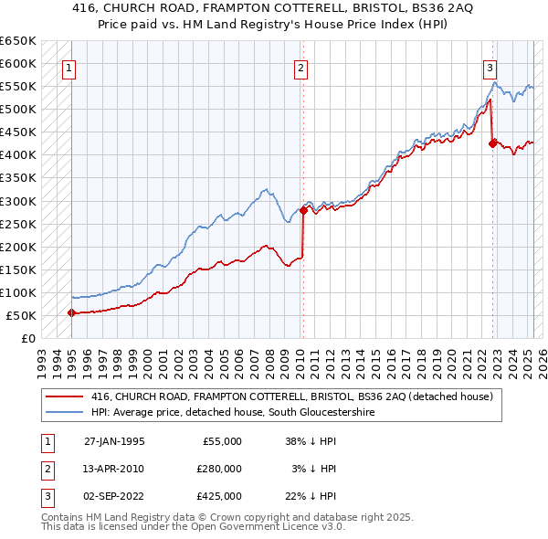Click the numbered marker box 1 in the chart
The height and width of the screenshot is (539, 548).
point(70,67)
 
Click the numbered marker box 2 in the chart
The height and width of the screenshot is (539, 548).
point(301,67)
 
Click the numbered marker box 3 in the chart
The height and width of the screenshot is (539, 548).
point(490,67)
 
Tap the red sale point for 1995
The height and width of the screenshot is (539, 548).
point(71,312)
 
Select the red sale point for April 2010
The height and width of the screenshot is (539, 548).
point(303,209)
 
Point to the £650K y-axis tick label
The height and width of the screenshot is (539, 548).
point(17,41)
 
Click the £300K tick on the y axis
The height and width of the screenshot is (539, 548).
point(17,201)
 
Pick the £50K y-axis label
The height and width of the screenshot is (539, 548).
point(21,315)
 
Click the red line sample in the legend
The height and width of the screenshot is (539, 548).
point(65,396)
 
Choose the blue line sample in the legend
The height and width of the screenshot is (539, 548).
point(65,412)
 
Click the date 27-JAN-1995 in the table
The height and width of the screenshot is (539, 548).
point(114,441)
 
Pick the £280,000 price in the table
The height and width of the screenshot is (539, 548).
point(219,469)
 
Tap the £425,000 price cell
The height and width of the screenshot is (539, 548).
point(219,496)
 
